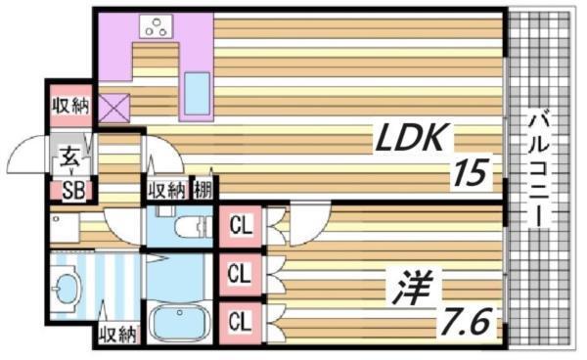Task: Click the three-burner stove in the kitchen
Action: click(155, 28)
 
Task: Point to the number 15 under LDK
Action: click(470, 176)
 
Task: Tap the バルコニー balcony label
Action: click(538, 168)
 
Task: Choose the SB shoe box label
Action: click(71, 191)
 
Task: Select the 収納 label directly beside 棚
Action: click(167, 190)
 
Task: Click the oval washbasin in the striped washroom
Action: click(67, 290)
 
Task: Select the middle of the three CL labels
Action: click(239, 273)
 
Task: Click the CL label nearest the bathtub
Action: click(239, 318)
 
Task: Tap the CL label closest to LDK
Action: click(239, 227)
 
